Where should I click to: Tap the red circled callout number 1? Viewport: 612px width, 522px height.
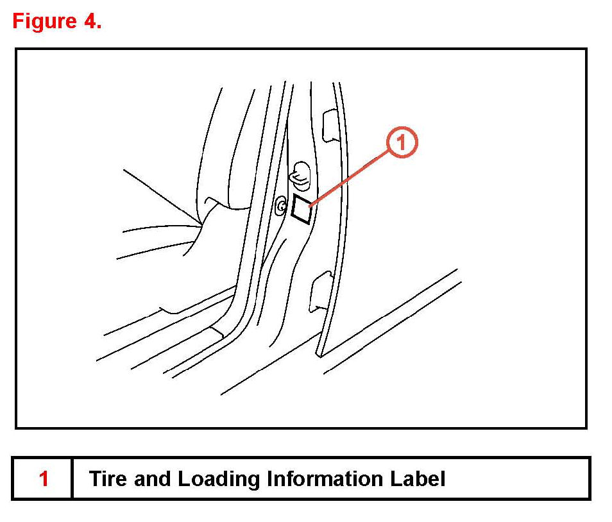tap(402, 142)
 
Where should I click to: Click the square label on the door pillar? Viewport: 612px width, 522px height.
tap(302, 208)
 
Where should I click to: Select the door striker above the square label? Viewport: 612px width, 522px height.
tap(300, 174)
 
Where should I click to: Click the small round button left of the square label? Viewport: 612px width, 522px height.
tap(282, 206)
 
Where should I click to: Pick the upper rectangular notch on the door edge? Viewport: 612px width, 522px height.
tap(328, 126)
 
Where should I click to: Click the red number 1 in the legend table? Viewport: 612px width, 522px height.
tap(44, 479)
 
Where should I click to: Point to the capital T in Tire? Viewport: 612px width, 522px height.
tap(94, 479)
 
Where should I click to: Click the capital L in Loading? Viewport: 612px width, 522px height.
tap(182, 479)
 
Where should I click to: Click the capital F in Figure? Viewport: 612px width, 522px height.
tap(18, 21)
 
